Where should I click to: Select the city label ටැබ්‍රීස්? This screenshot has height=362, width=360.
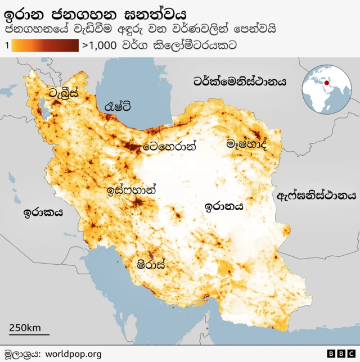click(x=63, y=93)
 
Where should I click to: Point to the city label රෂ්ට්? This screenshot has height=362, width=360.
click(x=118, y=106)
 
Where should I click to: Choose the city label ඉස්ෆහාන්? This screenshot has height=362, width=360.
click(x=131, y=190)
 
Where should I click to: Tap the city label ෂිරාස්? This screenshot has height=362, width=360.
click(x=152, y=264)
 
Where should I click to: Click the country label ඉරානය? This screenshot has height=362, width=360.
click(x=224, y=206)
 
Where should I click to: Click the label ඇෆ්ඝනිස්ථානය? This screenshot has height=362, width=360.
click(x=317, y=196)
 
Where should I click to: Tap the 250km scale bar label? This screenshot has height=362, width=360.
click(x=24, y=328)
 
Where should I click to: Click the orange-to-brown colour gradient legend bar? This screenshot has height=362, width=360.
click(x=44, y=46)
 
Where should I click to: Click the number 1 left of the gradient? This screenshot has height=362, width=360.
click(x=6, y=46)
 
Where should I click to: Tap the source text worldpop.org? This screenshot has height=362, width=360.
click(x=73, y=354)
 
